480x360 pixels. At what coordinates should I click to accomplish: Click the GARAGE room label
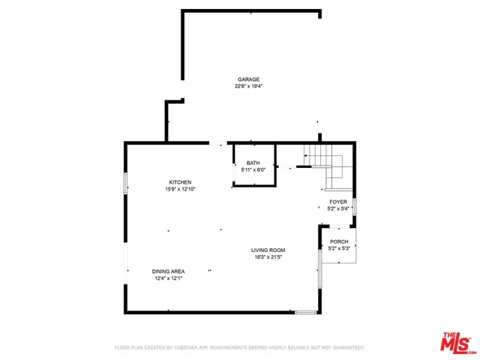249,79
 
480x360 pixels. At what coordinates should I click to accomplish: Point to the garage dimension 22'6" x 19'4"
249,86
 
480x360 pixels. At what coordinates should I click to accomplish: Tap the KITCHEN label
180,182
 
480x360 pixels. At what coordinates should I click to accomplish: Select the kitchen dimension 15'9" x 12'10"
180,189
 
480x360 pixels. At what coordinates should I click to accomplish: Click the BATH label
253,163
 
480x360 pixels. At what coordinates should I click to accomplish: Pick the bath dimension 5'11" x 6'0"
253,169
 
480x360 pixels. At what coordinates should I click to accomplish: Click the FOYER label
339,202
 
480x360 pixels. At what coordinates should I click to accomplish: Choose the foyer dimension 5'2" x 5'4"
339,208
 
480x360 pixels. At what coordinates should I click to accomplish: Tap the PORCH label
339,241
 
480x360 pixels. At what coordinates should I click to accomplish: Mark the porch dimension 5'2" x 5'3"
339,248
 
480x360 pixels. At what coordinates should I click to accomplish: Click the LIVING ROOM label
268,250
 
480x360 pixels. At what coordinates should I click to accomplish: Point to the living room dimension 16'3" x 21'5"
268,256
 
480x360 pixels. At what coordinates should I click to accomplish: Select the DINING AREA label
169,271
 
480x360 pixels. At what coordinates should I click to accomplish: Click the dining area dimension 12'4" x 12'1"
169,277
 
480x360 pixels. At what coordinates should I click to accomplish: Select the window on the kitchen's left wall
125,184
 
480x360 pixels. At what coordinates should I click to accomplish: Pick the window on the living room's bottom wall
305,311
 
